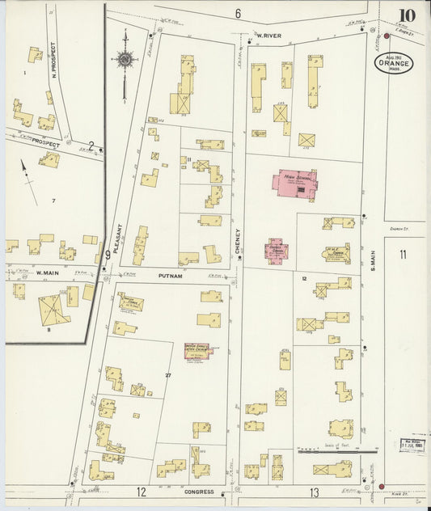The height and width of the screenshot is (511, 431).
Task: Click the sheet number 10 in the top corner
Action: (407, 15)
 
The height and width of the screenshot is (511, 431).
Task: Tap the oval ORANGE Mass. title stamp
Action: (394, 63)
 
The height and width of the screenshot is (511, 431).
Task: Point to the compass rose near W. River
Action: (125, 59)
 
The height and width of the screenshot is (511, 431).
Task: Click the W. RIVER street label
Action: (268, 36)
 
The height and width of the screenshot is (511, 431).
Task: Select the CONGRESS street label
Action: (198, 492)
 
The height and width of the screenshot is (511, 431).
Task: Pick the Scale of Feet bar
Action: (338, 451)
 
